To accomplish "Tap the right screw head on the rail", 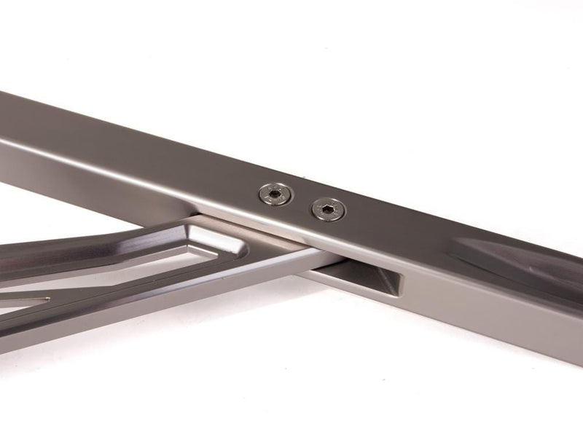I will tap(328, 210).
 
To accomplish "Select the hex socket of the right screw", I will tap(328, 210).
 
